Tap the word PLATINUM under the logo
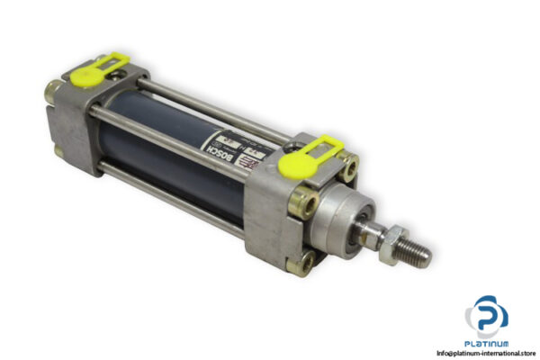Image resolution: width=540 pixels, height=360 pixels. tap(487, 343)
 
